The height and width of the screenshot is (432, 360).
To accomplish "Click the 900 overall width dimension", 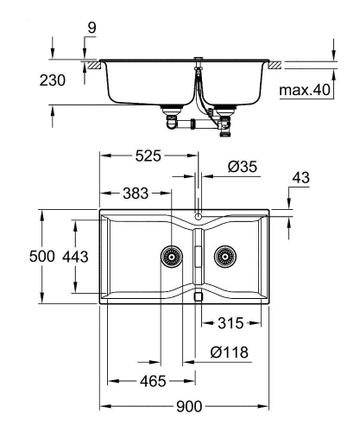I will click(x=189, y=406).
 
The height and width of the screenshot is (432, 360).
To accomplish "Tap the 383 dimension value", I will click(x=135, y=192).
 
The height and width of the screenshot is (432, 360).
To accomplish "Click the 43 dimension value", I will click(x=301, y=177).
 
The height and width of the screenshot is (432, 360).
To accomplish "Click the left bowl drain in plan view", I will click(x=171, y=256).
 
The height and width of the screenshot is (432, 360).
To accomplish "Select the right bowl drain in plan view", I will click(x=226, y=256).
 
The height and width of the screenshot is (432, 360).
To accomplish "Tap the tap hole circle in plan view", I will click(x=198, y=216).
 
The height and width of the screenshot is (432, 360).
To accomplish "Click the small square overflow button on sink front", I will click(x=198, y=295).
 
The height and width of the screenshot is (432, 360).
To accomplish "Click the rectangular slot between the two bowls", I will click(x=198, y=257).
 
